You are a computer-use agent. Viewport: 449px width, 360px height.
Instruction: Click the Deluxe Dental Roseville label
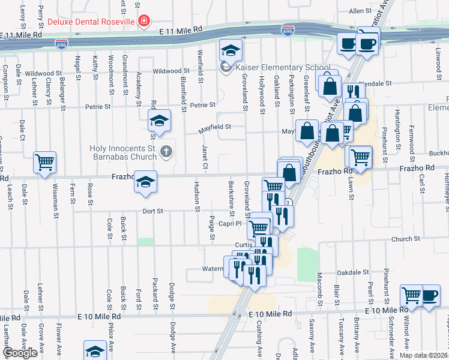pyautogui.click(x=90, y=22)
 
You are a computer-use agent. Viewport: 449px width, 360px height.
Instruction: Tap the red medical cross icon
pyautogui.click(x=143, y=22)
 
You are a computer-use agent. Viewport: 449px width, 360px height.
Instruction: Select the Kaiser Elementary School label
pyautogui.click(x=282, y=67)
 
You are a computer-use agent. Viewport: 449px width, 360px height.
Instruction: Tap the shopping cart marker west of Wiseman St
pyautogui.click(x=45, y=161)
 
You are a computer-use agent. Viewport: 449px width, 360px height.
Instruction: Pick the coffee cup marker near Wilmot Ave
pyautogui.click(x=430, y=295)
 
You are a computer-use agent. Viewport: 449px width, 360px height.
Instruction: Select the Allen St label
pyautogui.click(x=361, y=11)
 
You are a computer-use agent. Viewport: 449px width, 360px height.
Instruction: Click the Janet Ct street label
pyautogui.click(x=204, y=157)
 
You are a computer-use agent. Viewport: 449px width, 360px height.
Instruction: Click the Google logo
pyautogui.click(x=20, y=353)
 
